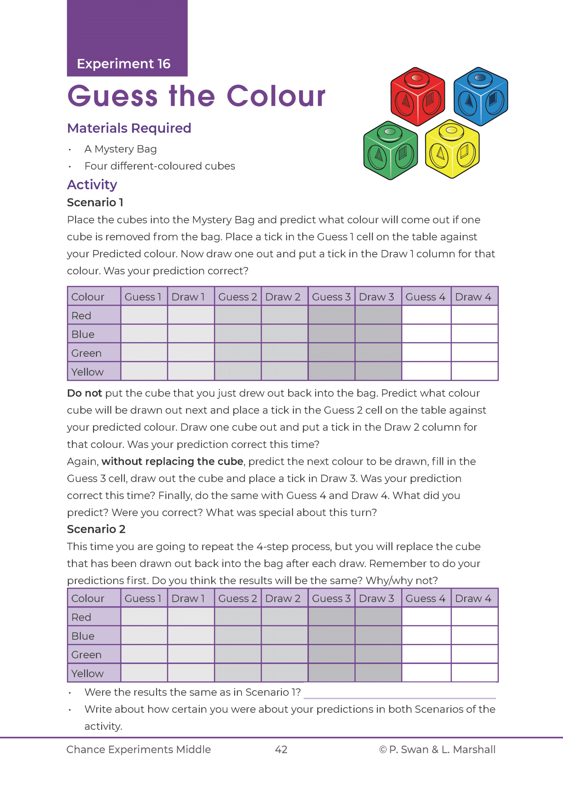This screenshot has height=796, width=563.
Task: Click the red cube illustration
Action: click(417, 96)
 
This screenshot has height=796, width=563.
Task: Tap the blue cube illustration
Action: click(481, 96)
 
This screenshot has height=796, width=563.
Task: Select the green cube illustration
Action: click(390, 150)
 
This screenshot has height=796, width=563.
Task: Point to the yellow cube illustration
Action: click(452, 149)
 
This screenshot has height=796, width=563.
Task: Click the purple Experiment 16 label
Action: click(124, 63)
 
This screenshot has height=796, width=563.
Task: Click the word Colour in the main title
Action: click(276, 96)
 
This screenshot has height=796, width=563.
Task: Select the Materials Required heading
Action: click(129, 128)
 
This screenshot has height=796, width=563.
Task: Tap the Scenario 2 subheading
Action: click(96, 529)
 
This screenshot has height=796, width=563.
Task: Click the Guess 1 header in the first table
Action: click(143, 297)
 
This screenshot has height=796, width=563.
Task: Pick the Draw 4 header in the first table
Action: click(473, 297)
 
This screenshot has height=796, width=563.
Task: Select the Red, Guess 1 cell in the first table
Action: click(144, 315)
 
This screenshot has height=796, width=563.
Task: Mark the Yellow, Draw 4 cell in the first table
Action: click(474, 371)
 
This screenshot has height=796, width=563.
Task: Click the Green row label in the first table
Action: click(86, 353)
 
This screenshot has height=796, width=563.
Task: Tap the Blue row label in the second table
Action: click(83, 636)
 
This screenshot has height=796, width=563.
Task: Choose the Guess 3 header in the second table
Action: click(331, 598)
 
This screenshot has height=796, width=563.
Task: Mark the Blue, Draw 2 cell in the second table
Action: click(284, 635)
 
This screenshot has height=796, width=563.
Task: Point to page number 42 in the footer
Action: click(281, 749)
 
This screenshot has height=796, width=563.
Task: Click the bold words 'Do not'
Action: click(84, 393)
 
